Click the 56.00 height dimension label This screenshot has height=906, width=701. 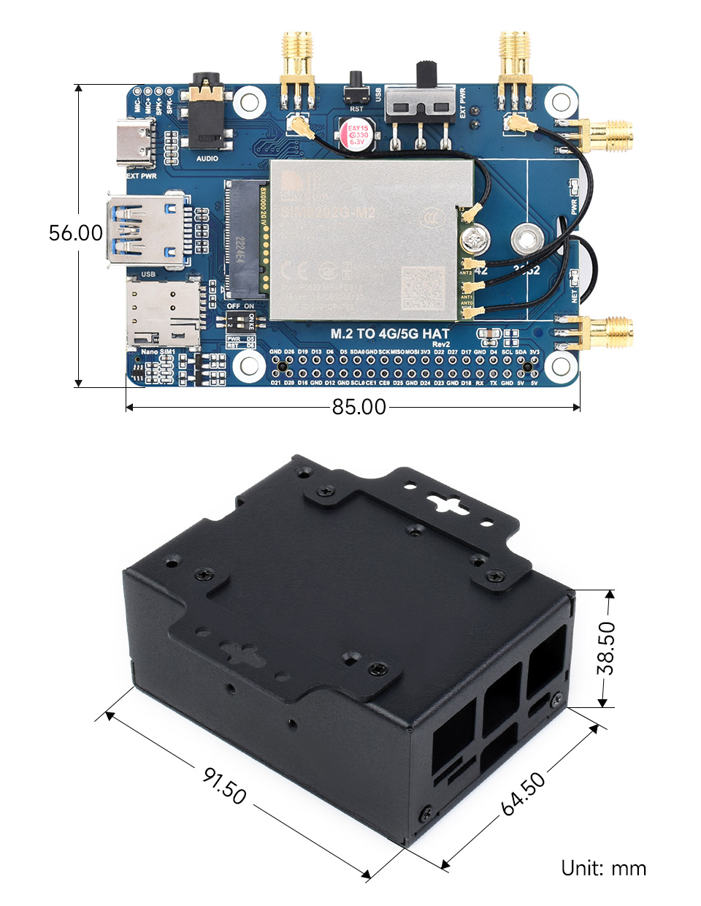(x=76, y=233)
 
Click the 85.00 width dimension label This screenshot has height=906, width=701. (x=359, y=407)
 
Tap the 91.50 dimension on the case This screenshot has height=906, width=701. (x=225, y=785)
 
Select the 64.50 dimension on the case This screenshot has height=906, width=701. (x=524, y=793)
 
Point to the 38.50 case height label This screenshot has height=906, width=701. (x=606, y=648)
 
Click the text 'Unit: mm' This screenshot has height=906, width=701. (x=603, y=868)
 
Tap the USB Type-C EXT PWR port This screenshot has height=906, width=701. (x=136, y=143)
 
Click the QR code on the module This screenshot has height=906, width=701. (x=423, y=288)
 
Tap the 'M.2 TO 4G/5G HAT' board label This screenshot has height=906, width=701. (x=390, y=334)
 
